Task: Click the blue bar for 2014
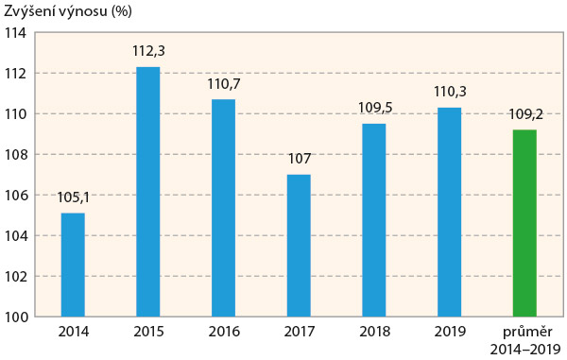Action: point(73,265)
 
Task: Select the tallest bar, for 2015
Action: point(148,192)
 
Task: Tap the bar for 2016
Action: point(224,208)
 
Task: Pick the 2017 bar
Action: point(299,246)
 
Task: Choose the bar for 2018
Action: point(374,220)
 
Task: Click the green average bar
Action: point(524,223)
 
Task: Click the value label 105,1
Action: point(73,198)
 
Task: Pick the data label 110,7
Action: point(224,84)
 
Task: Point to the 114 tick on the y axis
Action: point(14,32)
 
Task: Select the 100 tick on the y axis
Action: point(14,317)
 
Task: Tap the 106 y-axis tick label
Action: point(14,196)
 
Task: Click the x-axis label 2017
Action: point(299,333)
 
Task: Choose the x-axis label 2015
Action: point(148,333)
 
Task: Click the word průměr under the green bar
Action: point(524,333)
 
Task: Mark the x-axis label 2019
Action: point(450,333)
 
